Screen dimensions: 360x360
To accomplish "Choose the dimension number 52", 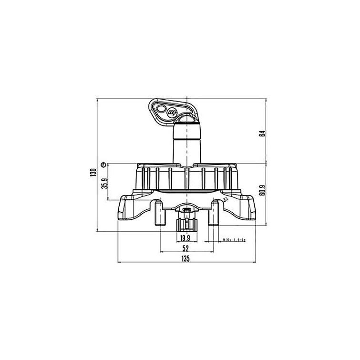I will (185, 249).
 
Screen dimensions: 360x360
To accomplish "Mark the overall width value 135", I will (185, 259).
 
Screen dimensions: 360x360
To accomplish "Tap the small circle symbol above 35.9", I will (103, 165).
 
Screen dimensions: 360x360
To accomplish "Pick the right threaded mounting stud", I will (215, 214).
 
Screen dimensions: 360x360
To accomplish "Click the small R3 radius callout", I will (225, 201).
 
